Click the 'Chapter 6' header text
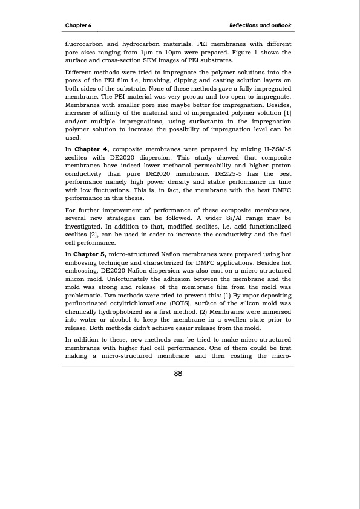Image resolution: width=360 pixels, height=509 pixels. pyautogui.click(x=77, y=25)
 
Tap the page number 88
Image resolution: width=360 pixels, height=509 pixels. pyautogui.click(x=178, y=374)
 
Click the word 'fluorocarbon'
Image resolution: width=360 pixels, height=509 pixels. pyautogui.click(x=85, y=45)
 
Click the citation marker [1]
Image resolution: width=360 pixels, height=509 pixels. pyautogui.click(x=287, y=112)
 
